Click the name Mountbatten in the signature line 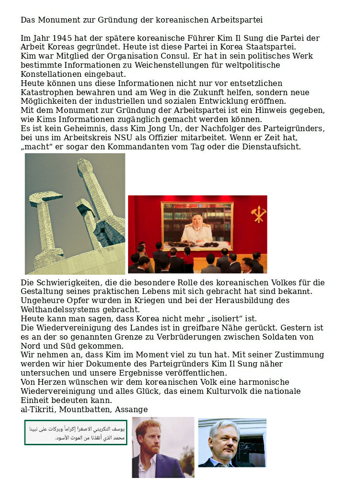point(85,409)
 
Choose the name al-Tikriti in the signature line point(37,409)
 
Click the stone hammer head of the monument point(44,200)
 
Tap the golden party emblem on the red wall point(258,214)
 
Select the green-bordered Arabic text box point(76,432)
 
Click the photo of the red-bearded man point(163,447)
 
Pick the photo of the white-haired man point(232,442)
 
